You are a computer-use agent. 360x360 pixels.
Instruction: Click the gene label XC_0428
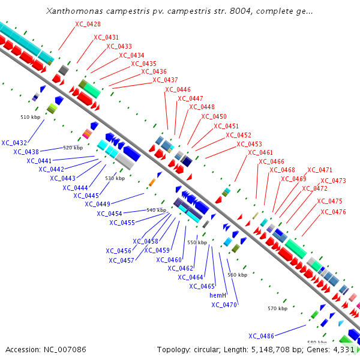[88, 24]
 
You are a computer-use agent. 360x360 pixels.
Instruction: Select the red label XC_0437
[165, 80]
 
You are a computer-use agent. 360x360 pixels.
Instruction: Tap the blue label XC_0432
[14, 143]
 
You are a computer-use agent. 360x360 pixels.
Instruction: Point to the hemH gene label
[218, 295]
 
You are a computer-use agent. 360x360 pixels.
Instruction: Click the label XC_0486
[261, 335]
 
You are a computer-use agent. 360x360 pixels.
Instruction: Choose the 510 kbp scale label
[29, 116]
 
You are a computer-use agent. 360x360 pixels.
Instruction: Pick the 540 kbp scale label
[156, 210]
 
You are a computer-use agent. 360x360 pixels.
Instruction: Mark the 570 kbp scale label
[277, 308]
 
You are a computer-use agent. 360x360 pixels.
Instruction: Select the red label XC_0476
[333, 212]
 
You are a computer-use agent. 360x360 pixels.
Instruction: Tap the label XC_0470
[224, 305]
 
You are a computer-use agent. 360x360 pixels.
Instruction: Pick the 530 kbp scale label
[115, 178]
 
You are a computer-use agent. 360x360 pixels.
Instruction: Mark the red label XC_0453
[249, 144]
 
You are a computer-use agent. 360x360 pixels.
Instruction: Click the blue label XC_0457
[121, 260]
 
